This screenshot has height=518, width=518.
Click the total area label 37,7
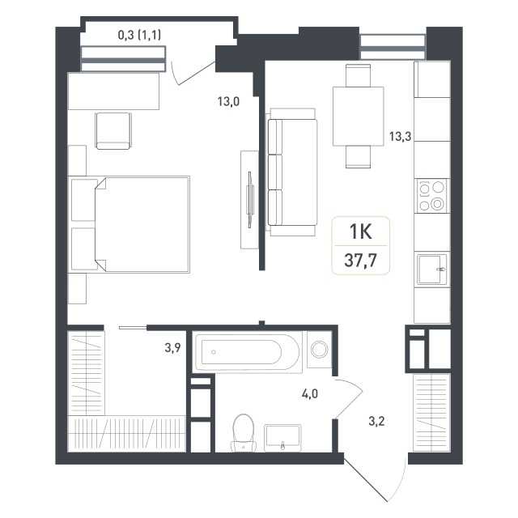pyautogui.click(x=360, y=261)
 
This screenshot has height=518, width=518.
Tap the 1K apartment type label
pyautogui.click(x=360, y=231)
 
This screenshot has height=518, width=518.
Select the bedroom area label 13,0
pyautogui.click(x=228, y=101)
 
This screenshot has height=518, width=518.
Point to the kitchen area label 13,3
pyautogui.click(x=400, y=136)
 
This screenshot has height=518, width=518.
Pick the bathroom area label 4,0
pyautogui.click(x=310, y=394)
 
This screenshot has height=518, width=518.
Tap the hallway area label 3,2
pyautogui.click(x=376, y=421)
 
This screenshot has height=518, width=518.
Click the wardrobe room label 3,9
pyautogui.click(x=172, y=347)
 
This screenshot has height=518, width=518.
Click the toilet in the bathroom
pyautogui.click(x=244, y=433)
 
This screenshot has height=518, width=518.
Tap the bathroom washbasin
pyautogui.click(x=282, y=438)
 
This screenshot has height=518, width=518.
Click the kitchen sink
pyautogui.click(x=432, y=270)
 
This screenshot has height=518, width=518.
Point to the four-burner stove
pyautogui.click(x=431, y=196)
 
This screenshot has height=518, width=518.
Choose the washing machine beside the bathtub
pyautogui.click(x=319, y=350)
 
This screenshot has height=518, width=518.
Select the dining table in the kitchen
pyautogui.click(x=358, y=117)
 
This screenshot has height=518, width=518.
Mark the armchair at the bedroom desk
pyautogui.click(x=113, y=131)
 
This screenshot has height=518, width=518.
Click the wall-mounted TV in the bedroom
pyautogui.click(x=250, y=199)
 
